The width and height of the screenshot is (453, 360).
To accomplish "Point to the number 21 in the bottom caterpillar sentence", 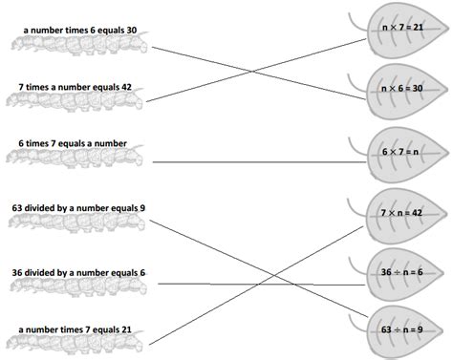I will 126,329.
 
